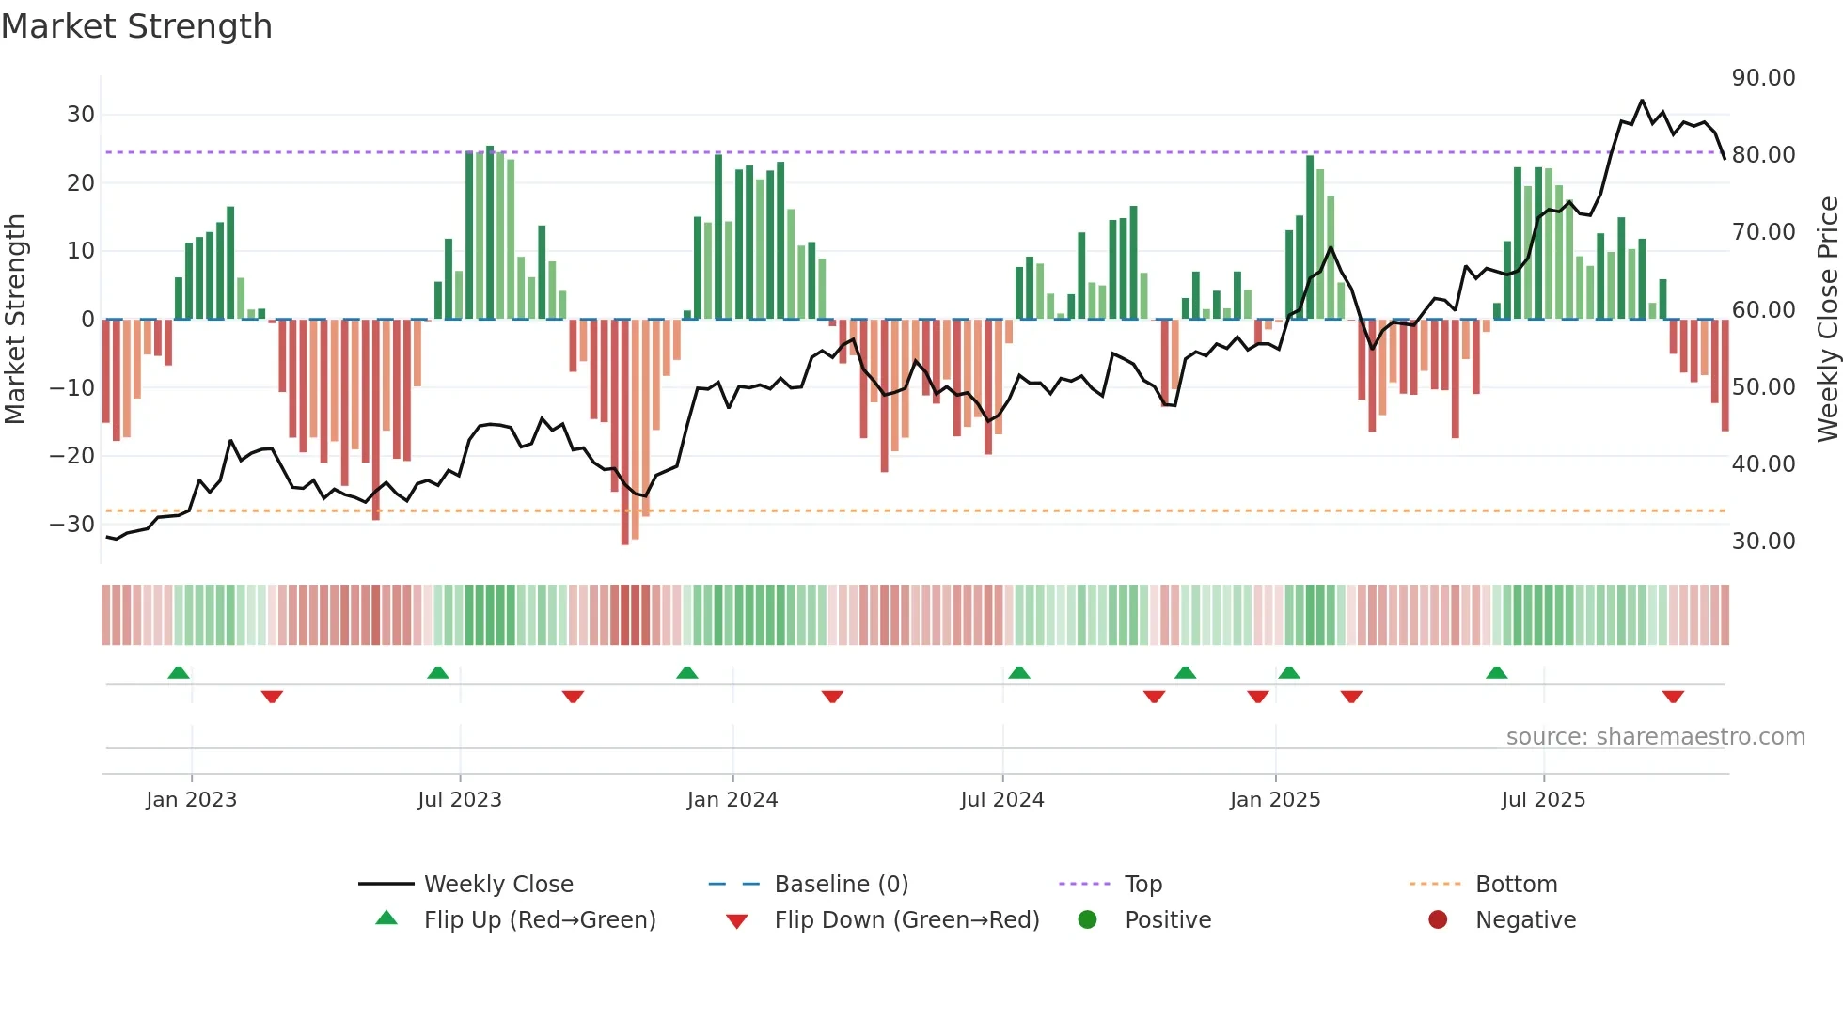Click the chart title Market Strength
click(x=136, y=26)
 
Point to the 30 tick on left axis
click(x=81, y=115)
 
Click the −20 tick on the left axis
click(x=72, y=456)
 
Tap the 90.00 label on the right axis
click(x=1763, y=78)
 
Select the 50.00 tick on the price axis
click(x=1763, y=386)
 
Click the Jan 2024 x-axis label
click(x=732, y=800)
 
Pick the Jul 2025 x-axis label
click(x=1543, y=800)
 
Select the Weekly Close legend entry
click(x=497, y=885)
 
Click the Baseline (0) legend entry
click(x=841, y=885)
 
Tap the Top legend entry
click(x=1142, y=885)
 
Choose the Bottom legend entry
click(x=1516, y=885)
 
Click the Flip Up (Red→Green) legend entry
click(x=539, y=920)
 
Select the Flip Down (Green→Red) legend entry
click(x=906, y=920)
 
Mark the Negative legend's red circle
click(x=1438, y=919)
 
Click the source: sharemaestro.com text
click(x=1655, y=737)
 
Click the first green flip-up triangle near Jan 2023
click(x=179, y=672)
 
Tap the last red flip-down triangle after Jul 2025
click(x=1673, y=697)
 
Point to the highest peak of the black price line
click(x=1642, y=101)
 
